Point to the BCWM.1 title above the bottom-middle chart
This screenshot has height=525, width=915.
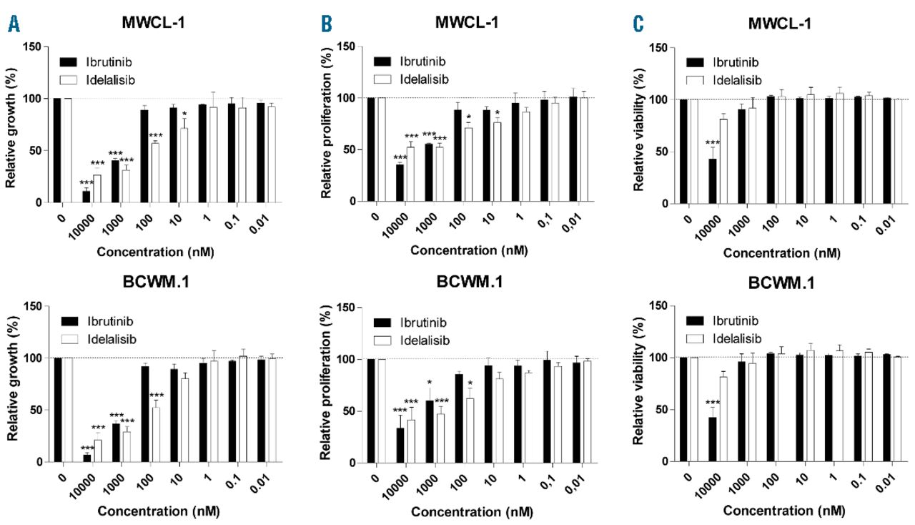click(x=468, y=281)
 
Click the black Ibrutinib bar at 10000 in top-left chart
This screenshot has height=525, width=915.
click(x=86, y=197)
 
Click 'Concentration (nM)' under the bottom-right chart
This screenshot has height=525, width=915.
click(x=783, y=511)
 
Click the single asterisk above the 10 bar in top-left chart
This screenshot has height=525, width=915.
click(x=184, y=114)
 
